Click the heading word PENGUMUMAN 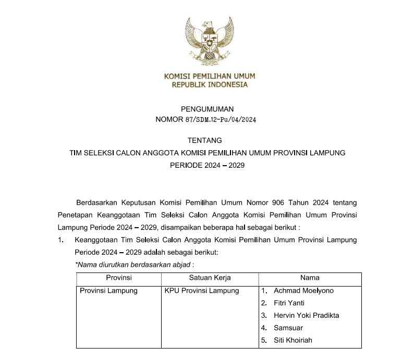207,109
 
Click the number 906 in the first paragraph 273,202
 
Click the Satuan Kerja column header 210,278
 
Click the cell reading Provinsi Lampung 108,291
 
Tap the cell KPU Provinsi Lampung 201,291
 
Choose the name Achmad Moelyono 303,291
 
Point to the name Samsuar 288,328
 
